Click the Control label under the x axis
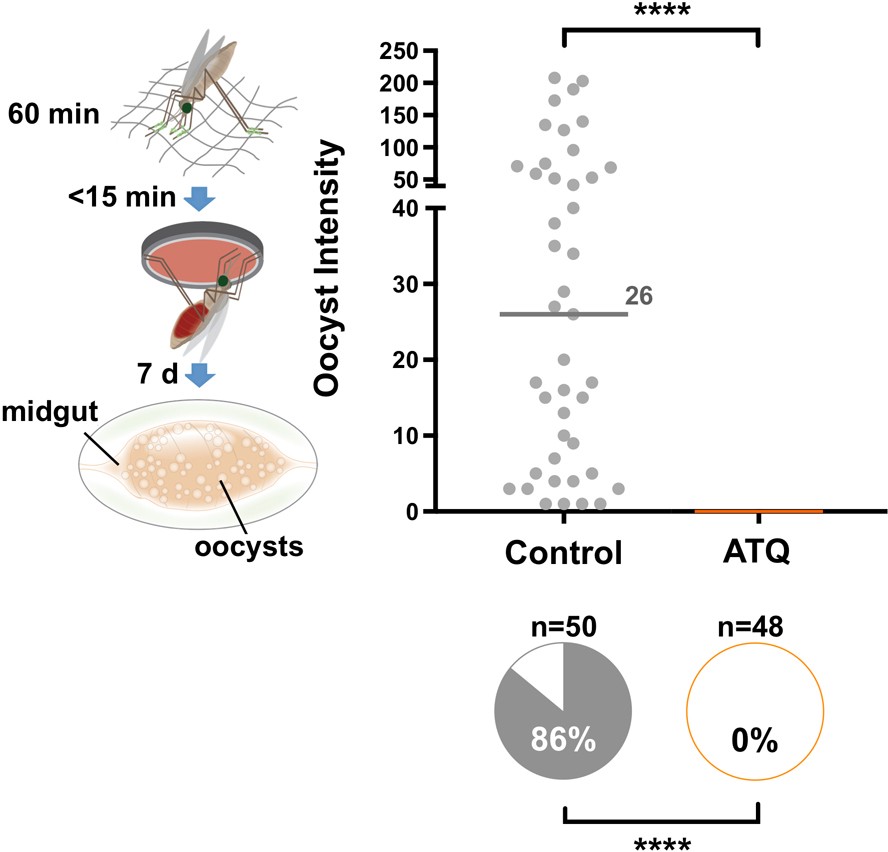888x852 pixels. pos(563,553)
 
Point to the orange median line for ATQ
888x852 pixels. pos(759,511)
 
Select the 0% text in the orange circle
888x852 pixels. pos(755,742)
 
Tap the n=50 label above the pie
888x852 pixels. pos(563,628)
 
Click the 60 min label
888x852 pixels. pos(54,114)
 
